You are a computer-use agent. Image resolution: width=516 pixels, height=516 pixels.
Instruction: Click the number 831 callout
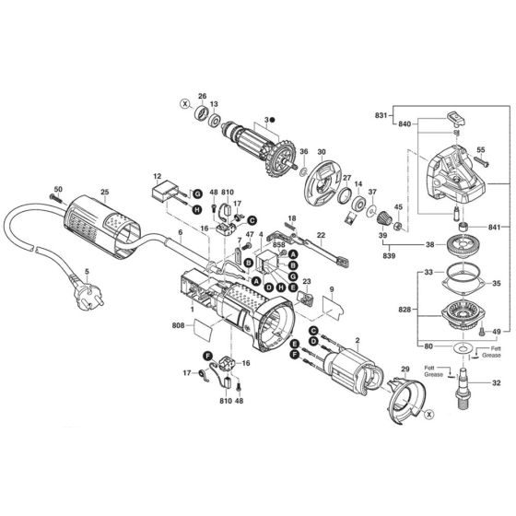381,109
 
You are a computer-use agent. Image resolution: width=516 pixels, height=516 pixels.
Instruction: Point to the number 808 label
177,323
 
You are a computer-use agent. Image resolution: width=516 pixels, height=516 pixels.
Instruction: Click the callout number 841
497,227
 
